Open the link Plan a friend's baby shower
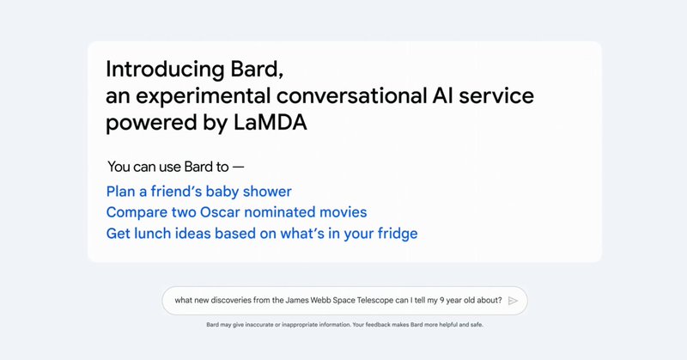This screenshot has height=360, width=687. tap(198, 191)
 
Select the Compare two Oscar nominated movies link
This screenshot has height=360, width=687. tap(236, 211)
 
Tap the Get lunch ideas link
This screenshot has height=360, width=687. tap(262, 233)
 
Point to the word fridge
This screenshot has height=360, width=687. tap(393, 233)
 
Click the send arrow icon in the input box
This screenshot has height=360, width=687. tap(514, 301)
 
